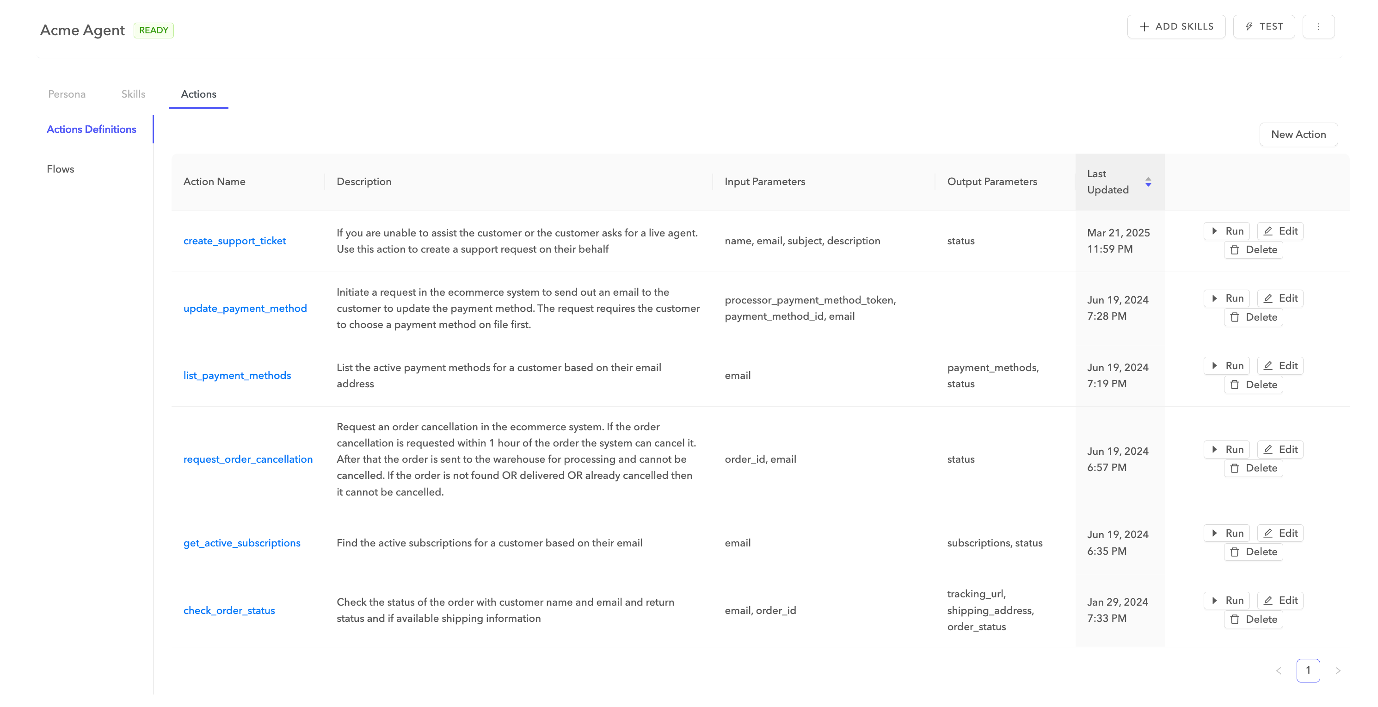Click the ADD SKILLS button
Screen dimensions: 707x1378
click(x=1176, y=27)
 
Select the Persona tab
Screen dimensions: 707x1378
click(x=67, y=94)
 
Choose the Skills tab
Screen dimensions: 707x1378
click(x=133, y=94)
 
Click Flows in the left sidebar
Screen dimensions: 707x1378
click(x=61, y=169)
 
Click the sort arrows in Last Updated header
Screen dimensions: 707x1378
click(x=1148, y=182)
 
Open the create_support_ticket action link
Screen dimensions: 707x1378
click(x=234, y=241)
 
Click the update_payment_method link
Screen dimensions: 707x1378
click(x=245, y=308)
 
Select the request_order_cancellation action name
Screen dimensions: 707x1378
click(x=248, y=459)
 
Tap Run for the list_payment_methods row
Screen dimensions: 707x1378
click(x=1227, y=366)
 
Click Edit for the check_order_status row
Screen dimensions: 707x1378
click(x=1280, y=601)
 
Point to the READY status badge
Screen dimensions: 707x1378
click(x=154, y=31)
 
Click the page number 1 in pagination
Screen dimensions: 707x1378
click(x=1308, y=670)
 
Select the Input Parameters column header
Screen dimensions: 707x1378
click(x=764, y=182)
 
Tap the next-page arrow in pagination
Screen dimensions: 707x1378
click(x=1338, y=670)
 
